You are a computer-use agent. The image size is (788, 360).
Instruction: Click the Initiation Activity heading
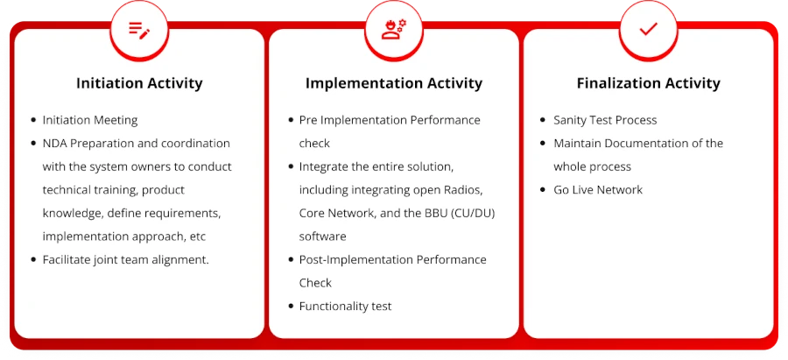point(139,83)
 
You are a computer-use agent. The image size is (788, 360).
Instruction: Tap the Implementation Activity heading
point(393,83)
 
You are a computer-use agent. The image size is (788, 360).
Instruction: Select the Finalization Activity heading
point(648,83)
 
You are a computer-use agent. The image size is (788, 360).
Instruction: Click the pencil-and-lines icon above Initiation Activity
point(139,30)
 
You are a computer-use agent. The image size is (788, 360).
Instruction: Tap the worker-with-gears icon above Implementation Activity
point(394,30)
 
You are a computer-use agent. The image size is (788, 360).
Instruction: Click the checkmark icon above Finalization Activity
point(648,29)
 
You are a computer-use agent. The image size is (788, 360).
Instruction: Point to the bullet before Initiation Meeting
point(33,120)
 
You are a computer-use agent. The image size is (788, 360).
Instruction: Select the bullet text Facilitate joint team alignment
point(125,260)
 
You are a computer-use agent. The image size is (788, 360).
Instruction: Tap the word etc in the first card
point(198,236)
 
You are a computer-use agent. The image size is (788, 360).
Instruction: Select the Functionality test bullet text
point(345,307)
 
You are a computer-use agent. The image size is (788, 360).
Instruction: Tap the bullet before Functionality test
point(291,307)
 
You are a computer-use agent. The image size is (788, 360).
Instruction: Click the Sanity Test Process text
point(605,120)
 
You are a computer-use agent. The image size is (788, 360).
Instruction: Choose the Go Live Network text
point(598,190)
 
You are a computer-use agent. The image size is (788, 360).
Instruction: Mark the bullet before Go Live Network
point(543,190)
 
